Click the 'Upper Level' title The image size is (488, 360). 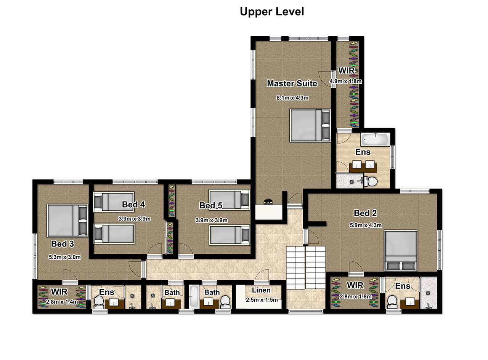pyautogui.click(x=272, y=12)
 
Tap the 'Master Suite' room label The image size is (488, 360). pyautogui.click(x=292, y=83)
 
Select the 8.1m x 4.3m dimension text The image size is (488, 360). pyautogui.click(x=292, y=98)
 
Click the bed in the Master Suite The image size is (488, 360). pyautogui.click(x=310, y=125)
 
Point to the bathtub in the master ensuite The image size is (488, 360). pyautogui.click(x=375, y=139)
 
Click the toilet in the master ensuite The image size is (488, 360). pyautogui.click(x=370, y=182)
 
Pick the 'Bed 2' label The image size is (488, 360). pyautogui.click(x=365, y=213)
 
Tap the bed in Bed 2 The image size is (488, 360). pyautogui.click(x=401, y=251)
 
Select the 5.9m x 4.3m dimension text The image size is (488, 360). pyautogui.click(x=366, y=226)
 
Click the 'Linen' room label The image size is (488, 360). pyautogui.click(x=261, y=290)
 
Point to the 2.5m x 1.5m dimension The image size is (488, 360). pyautogui.click(x=262, y=300)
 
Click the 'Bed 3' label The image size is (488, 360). pyautogui.click(x=63, y=244)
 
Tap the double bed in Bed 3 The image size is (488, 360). pyautogui.click(x=67, y=221)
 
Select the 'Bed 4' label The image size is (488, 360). pyautogui.click(x=133, y=205)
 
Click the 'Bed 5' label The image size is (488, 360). pyautogui.click(x=210, y=205)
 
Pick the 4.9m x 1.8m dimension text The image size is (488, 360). pyautogui.click(x=345, y=82)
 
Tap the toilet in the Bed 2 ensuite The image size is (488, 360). pyautogui.click(x=392, y=302)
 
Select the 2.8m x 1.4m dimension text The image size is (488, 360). pyautogui.click(x=62, y=302)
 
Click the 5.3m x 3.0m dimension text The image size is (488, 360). pyautogui.click(x=65, y=257)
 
